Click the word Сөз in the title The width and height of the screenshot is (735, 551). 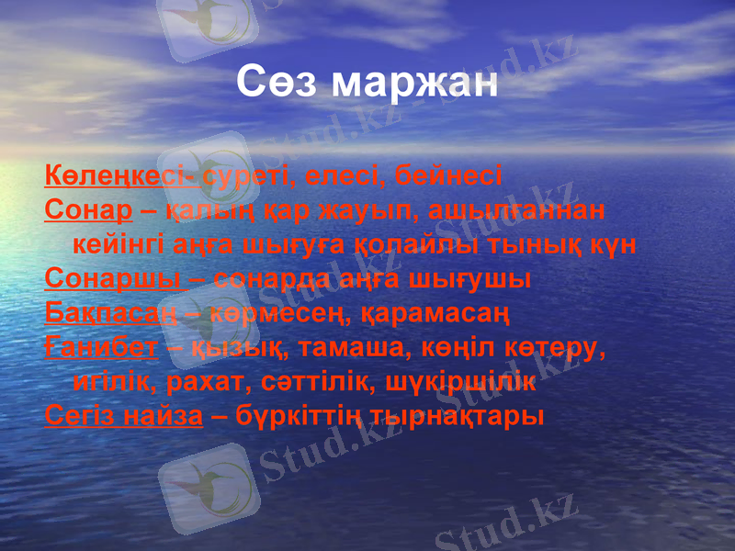pyautogui.click(x=276, y=83)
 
